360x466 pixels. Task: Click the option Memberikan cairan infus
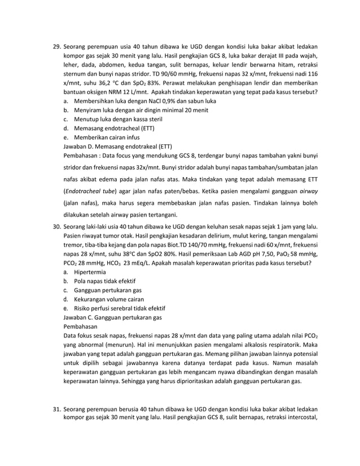108,137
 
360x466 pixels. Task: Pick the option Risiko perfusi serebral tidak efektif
119,307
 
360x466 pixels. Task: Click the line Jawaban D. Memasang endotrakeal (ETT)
119,146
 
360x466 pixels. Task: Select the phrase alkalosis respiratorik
275,344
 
